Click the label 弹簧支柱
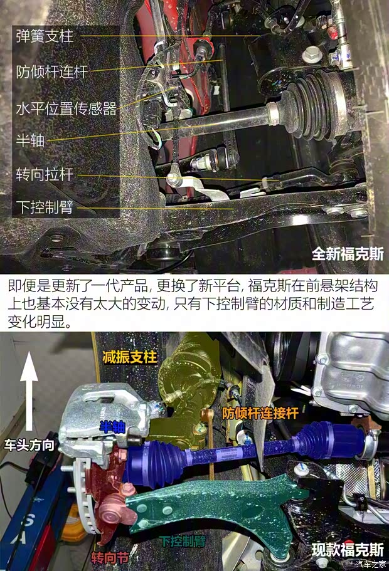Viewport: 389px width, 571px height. [45, 36]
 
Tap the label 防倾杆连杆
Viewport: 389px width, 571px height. [51, 71]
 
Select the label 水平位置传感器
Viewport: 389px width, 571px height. [66, 109]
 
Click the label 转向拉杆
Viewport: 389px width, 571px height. [45, 174]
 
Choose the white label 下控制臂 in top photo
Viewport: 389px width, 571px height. [45, 207]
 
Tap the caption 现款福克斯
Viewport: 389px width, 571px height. [348, 550]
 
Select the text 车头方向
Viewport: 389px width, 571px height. [29, 446]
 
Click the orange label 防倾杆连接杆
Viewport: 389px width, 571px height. [260, 414]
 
